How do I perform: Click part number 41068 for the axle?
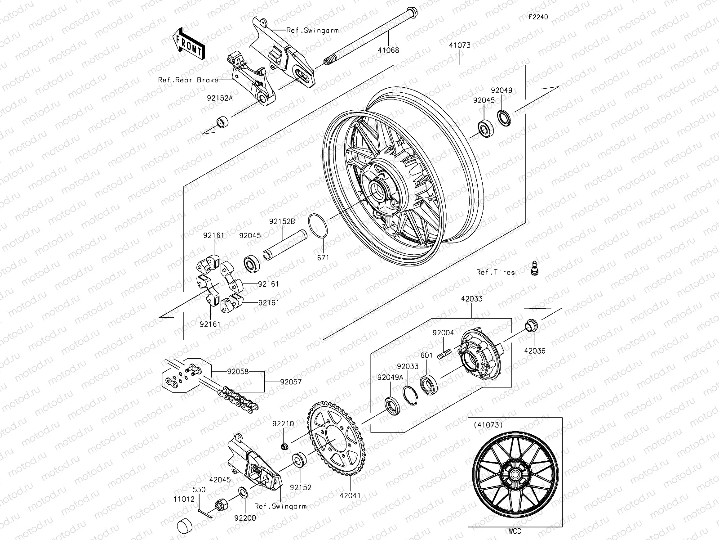(388, 51)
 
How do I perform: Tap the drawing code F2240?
(538, 18)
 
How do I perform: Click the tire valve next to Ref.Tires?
(535, 269)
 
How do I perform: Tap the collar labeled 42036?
(531, 325)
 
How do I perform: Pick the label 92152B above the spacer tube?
(282, 222)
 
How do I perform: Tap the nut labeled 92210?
(284, 446)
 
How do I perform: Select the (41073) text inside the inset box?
(485, 424)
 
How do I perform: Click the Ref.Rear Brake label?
(194, 80)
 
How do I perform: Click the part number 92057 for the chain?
(291, 382)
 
